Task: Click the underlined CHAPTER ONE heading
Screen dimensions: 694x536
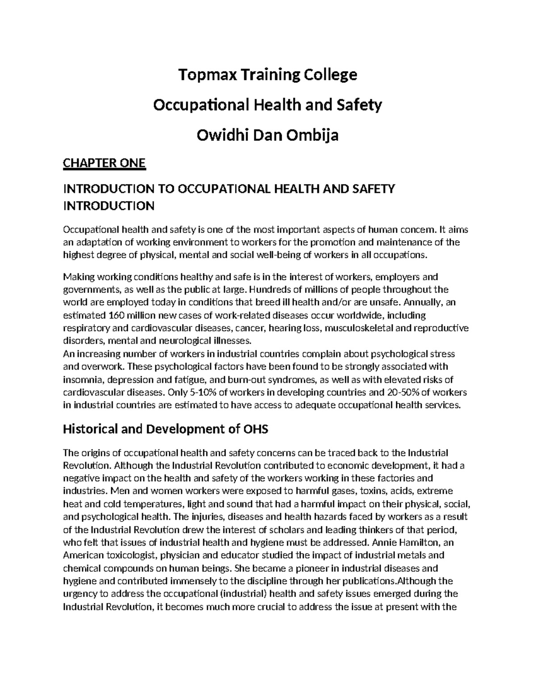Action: pyautogui.click(x=105, y=163)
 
